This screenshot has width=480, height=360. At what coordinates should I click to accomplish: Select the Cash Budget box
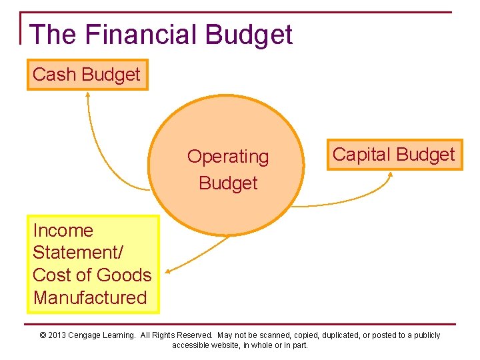tap(87, 75)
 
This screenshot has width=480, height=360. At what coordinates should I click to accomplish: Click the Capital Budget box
tap(394, 155)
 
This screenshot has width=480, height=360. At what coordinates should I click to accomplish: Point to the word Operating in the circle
tap(228, 157)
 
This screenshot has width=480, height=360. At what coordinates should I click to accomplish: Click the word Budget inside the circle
tap(228, 183)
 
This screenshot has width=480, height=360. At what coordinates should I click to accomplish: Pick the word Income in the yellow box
tap(63, 231)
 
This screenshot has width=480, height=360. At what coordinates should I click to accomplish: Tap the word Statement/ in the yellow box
tap(73, 253)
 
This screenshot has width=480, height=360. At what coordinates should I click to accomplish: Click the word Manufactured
tap(90, 297)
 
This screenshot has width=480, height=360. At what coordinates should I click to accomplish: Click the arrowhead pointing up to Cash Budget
tap(87, 95)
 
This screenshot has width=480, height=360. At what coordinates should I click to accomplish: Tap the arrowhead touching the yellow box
tap(167, 271)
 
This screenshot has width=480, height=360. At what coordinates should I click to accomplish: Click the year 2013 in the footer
tap(57, 335)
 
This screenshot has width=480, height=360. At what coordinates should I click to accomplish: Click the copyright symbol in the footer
tap(43, 335)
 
